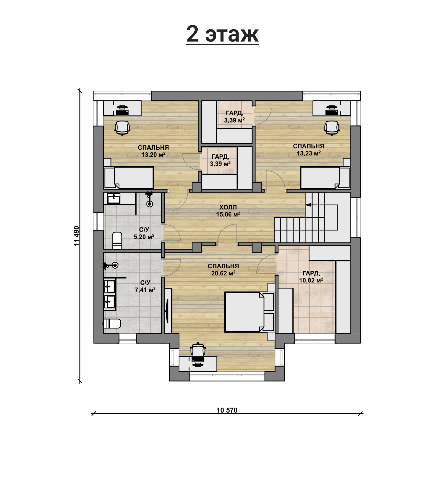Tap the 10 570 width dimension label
[x=227, y=410]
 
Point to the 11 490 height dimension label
[x=76, y=236]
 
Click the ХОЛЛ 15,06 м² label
[x=228, y=211]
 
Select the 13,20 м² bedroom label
[x=153, y=151]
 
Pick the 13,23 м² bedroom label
[x=308, y=150]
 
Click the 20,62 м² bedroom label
[x=223, y=270]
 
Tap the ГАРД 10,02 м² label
[x=311, y=277]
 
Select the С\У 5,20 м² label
[x=144, y=233]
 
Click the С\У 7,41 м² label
[x=145, y=286]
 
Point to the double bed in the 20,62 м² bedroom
[x=249, y=312]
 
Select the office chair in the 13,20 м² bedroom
[x=122, y=128]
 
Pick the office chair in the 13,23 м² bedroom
[x=332, y=128]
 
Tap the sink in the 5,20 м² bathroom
[x=114, y=199]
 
